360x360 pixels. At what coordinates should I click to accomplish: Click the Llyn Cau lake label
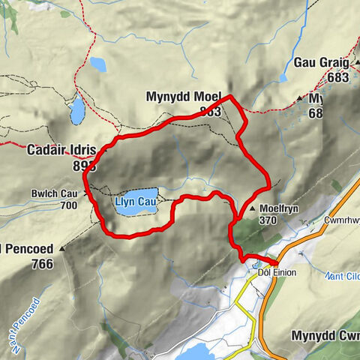point(136,202)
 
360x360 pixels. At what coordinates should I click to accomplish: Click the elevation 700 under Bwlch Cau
point(68,205)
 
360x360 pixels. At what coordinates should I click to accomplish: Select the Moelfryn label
point(280,209)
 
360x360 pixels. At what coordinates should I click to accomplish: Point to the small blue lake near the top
point(97,65)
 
